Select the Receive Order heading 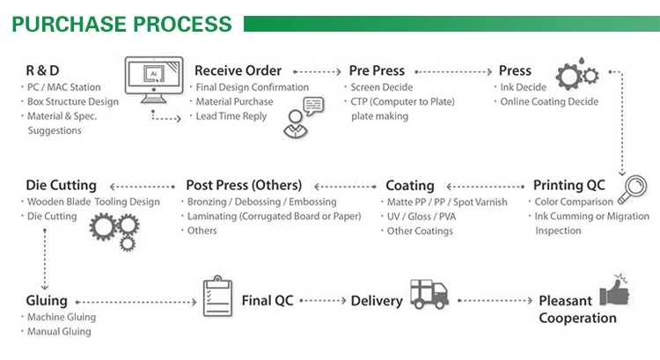[x=238, y=70]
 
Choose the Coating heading [x=410, y=186]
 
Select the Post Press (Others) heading [x=244, y=186]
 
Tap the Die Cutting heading [x=61, y=186]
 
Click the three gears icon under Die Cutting [x=114, y=228]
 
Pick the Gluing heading [x=47, y=301]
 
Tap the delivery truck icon [x=429, y=296]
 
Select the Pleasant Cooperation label [x=577, y=309]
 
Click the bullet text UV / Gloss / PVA [x=421, y=217]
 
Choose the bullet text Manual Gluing [x=59, y=332]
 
